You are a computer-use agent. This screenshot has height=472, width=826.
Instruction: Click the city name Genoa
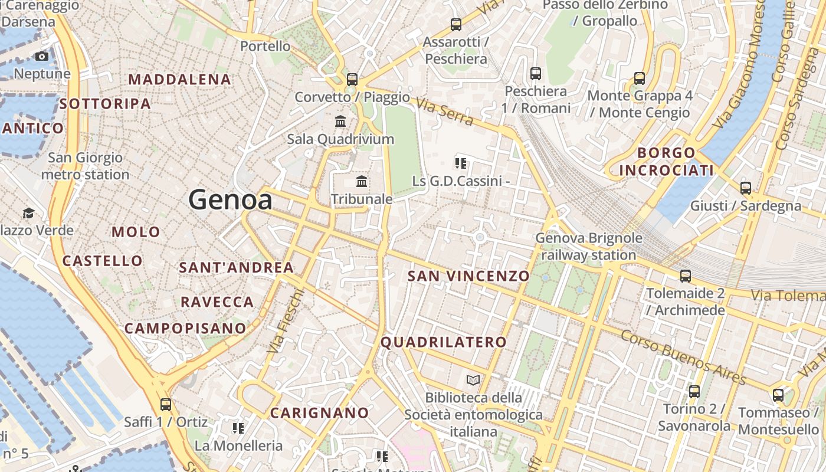click(x=230, y=200)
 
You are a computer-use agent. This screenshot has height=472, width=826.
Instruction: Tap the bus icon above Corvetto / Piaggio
click(x=352, y=79)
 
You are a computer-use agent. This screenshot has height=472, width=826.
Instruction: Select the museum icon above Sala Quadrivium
click(x=340, y=122)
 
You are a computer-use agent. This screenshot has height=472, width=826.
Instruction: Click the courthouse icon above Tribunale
click(x=362, y=181)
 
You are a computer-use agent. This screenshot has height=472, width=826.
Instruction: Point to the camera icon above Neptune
click(x=42, y=57)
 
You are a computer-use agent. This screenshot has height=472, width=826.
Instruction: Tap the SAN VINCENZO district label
click(x=468, y=276)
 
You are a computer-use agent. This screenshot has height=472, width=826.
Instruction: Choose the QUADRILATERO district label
click(x=444, y=342)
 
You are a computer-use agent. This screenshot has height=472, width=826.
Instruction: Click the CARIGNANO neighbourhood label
click(x=319, y=412)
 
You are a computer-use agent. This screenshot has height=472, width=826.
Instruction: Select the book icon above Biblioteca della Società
click(x=473, y=380)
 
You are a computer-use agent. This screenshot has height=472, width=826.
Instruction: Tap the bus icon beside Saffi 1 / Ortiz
click(x=166, y=405)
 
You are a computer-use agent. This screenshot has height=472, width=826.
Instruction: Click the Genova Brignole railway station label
click(x=588, y=247)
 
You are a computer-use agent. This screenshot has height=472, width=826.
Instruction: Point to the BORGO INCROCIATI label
click(x=666, y=162)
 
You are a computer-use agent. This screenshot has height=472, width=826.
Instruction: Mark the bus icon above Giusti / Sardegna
click(x=746, y=188)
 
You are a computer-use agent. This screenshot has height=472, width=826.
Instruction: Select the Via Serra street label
click(x=444, y=111)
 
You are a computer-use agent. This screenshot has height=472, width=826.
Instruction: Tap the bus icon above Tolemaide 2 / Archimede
click(x=686, y=276)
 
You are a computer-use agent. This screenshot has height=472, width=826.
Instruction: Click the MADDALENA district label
click(x=179, y=79)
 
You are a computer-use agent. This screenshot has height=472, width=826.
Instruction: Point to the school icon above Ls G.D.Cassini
click(x=461, y=163)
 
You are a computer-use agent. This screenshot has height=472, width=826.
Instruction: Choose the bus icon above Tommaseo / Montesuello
click(x=778, y=395)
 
